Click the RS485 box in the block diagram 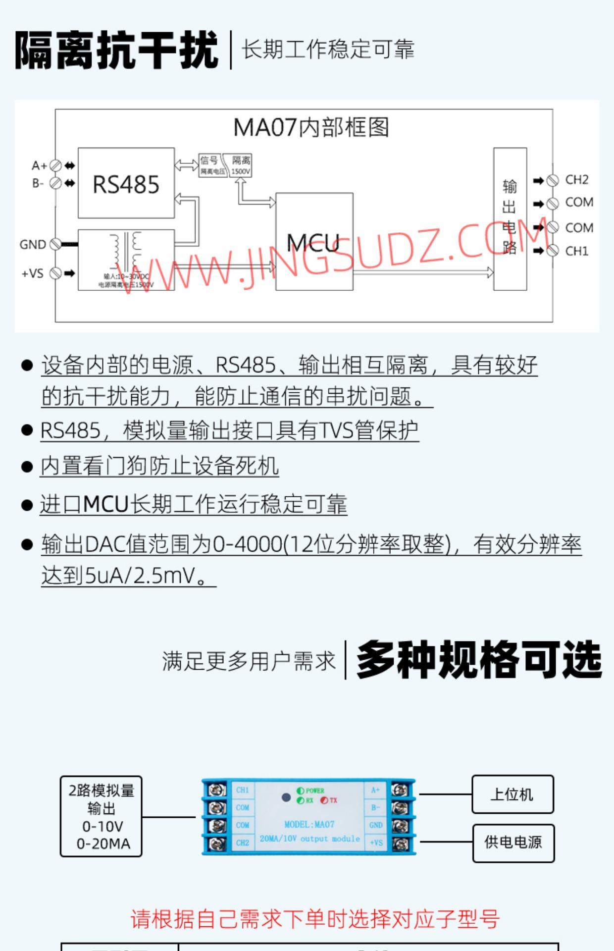pyautogui.click(x=126, y=183)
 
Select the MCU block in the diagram pyautogui.click(x=314, y=242)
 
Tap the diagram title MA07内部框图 pyautogui.click(x=311, y=127)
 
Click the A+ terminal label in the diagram pyautogui.click(x=39, y=165)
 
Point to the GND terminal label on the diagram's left pyautogui.click(x=33, y=245)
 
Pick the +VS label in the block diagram pyautogui.click(x=33, y=273)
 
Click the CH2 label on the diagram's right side pyautogui.click(x=577, y=180)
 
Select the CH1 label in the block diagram pyautogui.click(x=577, y=251)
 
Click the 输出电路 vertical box pyautogui.click(x=510, y=218)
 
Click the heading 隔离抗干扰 pyautogui.click(x=116, y=50)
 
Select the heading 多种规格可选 pyautogui.click(x=479, y=660)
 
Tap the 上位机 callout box pyautogui.click(x=512, y=794)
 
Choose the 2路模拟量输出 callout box pyautogui.click(x=101, y=816)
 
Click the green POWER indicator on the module pyautogui.click(x=301, y=791)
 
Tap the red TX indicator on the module pyautogui.click(x=324, y=800)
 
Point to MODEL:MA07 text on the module pyautogui.click(x=309, y=824)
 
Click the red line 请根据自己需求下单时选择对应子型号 pyautogui.click(x=315, y=919)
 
